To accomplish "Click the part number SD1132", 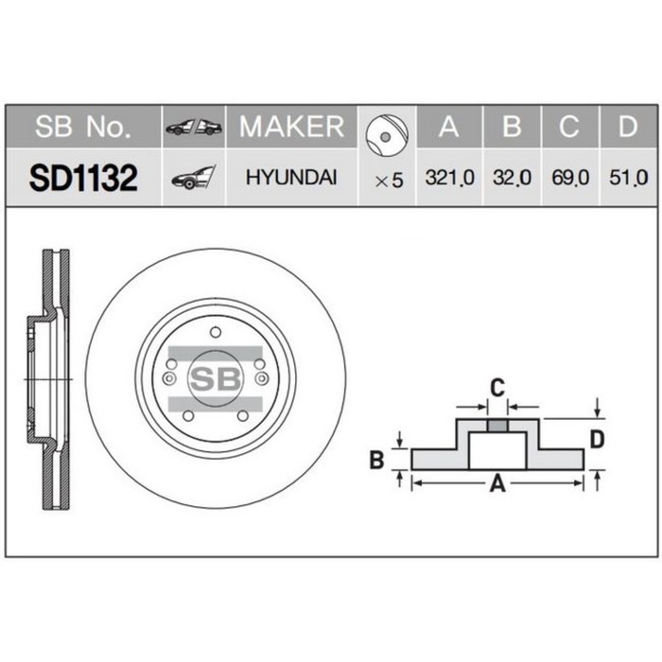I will pos(83,178).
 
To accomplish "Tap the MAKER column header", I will pos(291,127).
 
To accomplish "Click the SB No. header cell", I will pos(83,127).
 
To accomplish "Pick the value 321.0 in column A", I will pos(449,178).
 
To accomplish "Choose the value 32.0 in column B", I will pos(512,178).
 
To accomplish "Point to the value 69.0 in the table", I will pos(569,178).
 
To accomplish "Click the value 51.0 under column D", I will pos(628,178).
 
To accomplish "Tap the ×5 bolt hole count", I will pos(389,179).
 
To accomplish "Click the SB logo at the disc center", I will pos(216,378).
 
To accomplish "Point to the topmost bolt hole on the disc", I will pos(216,331).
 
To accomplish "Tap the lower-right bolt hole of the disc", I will pos(243,416).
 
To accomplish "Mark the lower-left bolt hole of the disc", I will pos(187,416).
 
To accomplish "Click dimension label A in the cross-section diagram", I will pos(497,485).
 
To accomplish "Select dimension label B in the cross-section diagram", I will pos(375,461).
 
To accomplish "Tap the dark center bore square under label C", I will pos(497,424).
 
